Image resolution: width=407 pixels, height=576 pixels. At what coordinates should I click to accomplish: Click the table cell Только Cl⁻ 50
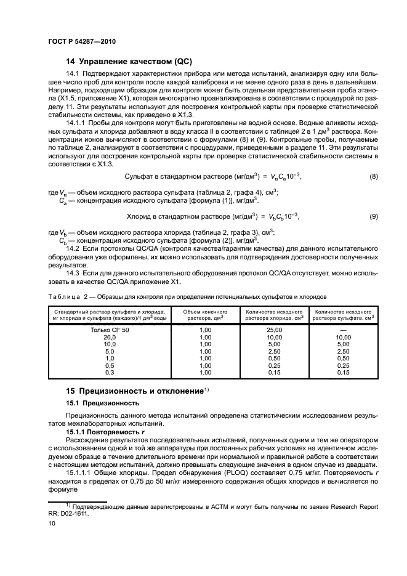click(110, 331)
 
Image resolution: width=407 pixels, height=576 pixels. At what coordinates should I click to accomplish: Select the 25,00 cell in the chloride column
click(274, 331)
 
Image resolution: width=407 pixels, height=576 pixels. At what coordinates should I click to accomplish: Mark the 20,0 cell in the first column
click(110, 338)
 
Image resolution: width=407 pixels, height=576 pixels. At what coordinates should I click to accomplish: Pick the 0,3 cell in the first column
click(110, 372)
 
